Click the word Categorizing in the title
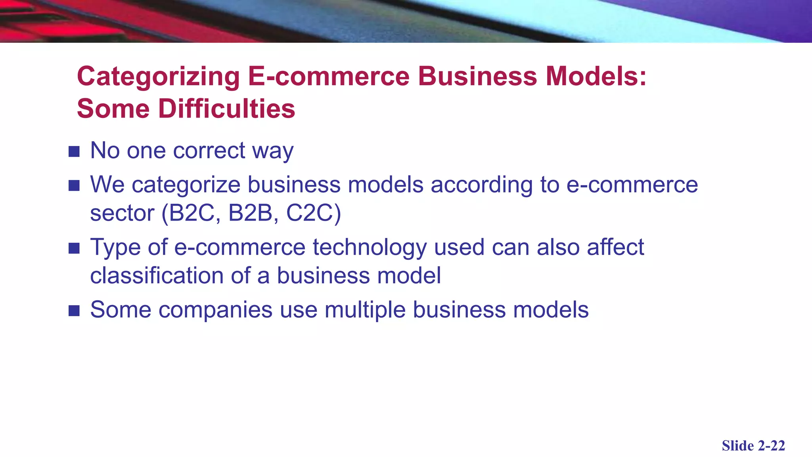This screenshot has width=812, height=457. click(158, 77)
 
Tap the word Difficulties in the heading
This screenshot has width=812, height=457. click(227, 109)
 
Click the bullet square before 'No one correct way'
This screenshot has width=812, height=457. click(74, 152)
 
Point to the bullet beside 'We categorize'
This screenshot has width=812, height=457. click(74, 185)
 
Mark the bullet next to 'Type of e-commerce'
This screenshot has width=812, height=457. click(74, 248)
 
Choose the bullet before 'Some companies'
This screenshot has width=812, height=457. click(74, 311)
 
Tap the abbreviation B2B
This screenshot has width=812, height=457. click(252, 213)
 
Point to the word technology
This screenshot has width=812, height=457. click(370, 248)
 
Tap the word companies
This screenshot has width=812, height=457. click(215, 310)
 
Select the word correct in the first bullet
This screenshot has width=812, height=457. click(209, 151)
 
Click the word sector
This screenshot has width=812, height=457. click(122, 213)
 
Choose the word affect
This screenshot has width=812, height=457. click(615, 247)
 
